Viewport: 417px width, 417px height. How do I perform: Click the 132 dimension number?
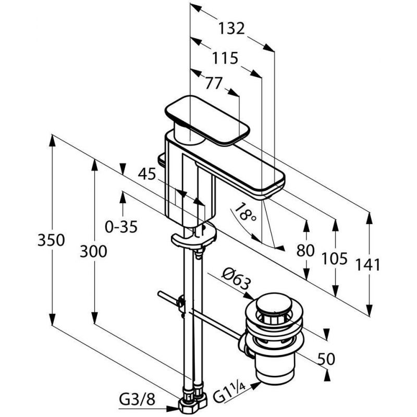coord(231,29)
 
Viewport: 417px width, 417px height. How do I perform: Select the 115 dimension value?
coord(225,58)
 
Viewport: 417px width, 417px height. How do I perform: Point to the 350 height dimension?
coord(51,240)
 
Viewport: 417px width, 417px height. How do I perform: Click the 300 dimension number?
coord(93,252)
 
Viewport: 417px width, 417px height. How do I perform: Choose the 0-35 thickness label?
coord(121,227)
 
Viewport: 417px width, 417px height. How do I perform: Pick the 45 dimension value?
coord(147,175)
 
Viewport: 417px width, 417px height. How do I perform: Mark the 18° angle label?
coord(245,212)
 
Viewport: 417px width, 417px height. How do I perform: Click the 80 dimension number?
coord(305,251)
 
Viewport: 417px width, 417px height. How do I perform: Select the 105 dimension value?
coord(334,259)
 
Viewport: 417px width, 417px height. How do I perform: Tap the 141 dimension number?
coord(368,265)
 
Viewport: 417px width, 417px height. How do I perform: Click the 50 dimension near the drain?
coord(326,359)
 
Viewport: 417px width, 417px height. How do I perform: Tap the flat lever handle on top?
coord(207,120)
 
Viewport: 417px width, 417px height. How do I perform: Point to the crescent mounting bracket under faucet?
coord(193,237)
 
